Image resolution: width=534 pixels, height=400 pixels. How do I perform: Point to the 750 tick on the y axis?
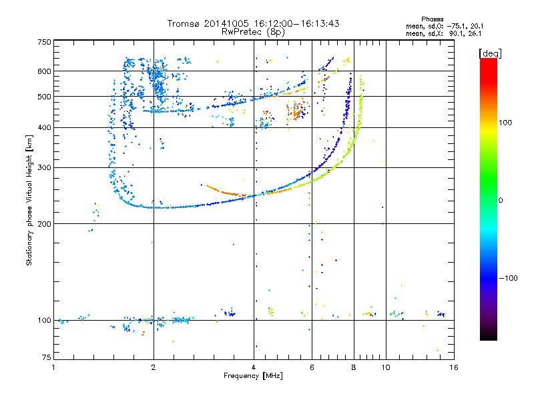[44, 42]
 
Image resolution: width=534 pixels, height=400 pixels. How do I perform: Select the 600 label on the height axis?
[44, 71]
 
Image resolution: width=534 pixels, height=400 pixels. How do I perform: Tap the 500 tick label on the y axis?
[44, 97]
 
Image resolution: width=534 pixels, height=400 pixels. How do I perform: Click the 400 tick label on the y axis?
[44, 128]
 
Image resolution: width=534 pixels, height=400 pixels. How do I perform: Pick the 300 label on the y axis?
[44, 168]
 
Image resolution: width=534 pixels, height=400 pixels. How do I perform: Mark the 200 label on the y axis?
[44, 224]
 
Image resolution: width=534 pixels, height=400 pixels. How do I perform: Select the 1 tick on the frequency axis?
[53, 367]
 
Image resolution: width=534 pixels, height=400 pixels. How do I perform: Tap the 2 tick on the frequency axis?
[154, 367]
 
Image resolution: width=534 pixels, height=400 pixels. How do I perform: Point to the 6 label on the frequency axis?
[312, 367]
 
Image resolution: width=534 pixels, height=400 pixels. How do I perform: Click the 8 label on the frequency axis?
[354, 367]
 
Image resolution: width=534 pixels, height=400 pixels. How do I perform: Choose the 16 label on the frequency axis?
[453, 367]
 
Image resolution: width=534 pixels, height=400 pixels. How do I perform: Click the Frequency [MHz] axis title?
[253, 376]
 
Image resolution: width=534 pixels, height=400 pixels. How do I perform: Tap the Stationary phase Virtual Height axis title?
[29, 200]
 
